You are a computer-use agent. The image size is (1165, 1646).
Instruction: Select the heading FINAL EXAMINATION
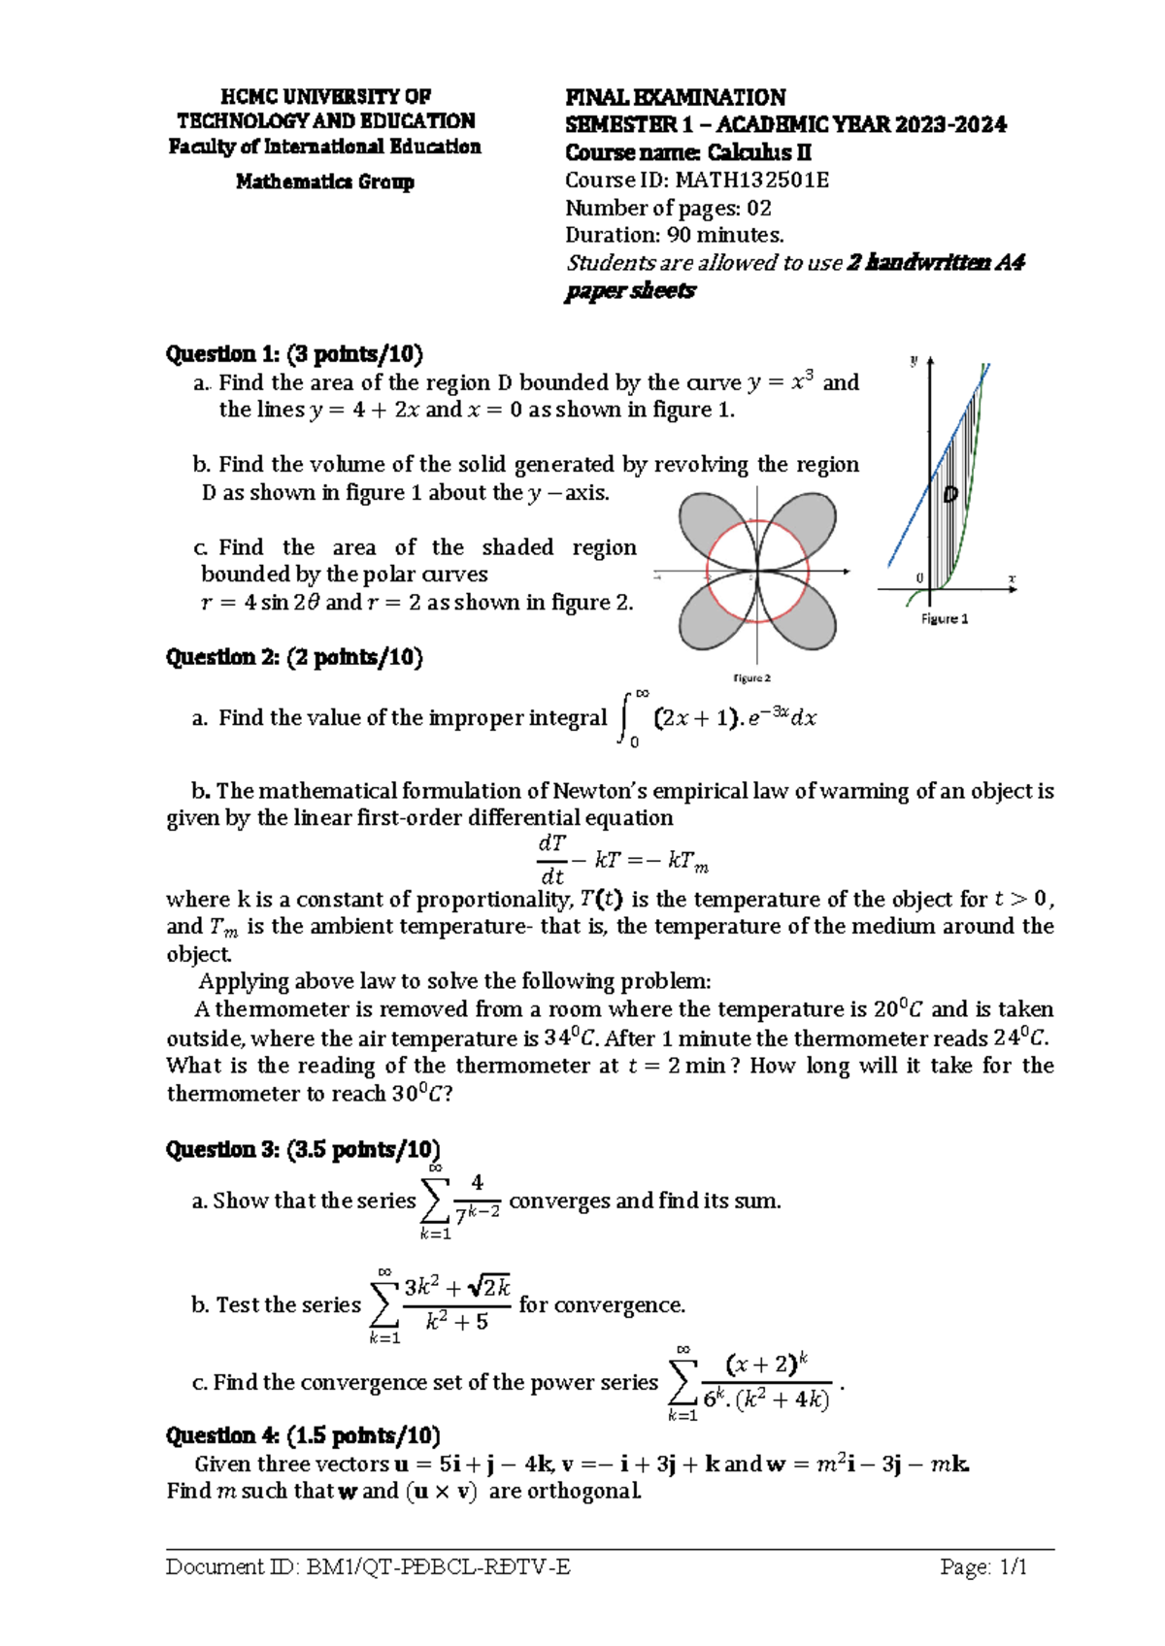[675, 97]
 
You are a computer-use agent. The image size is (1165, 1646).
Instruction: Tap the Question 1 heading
[294, 353]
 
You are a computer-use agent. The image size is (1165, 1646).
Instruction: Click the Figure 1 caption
[944, 618]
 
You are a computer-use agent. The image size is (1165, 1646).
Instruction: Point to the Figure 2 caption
[751, 678]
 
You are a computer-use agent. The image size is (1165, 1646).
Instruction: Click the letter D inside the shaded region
[950, 495]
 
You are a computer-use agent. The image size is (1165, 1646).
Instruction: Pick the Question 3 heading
[303, 1150]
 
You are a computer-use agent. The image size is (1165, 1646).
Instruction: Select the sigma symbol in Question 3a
[436, 1202]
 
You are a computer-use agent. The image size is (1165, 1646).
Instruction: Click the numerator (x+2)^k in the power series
[766, 1364]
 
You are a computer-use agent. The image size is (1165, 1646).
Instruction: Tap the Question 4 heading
[303, 1435]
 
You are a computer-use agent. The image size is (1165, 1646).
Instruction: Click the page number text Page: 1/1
[982, 1566]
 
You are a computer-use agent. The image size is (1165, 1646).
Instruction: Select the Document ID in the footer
[368, 1566]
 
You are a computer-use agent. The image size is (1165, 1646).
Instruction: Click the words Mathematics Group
[324, 181]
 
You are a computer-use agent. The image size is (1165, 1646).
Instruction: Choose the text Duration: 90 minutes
[674, 235]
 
